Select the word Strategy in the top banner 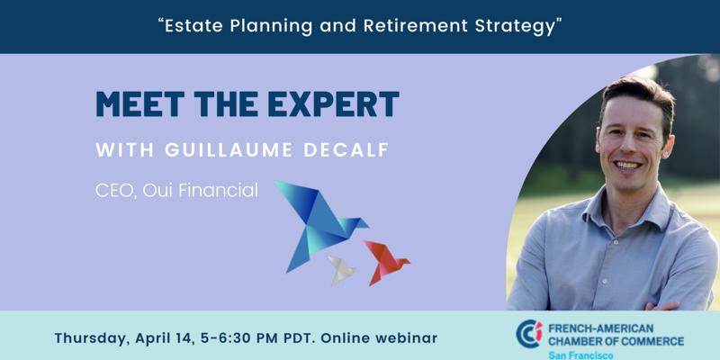[515, 27]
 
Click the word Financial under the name [218, 190]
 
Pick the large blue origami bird [319, 222]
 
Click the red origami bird [385, 262]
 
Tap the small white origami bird [342, 270]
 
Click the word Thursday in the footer [89, 339]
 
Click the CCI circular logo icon [529, 334]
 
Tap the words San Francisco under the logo [580, 355]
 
